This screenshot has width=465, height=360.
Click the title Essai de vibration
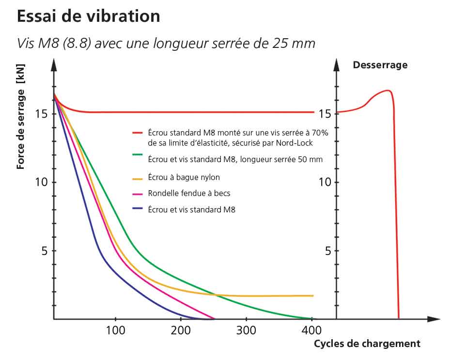pyautogui.click(x=88, y=16)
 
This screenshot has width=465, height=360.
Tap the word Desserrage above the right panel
pyautogui.click(x=380, y=65)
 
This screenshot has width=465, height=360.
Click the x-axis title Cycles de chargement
pyautogui.click(x=367, y=344)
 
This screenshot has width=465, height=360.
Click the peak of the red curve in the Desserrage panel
pyautogui.click(x=387, y=90)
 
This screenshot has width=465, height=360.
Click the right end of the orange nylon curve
pyautogui.click(x=313, y=296)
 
